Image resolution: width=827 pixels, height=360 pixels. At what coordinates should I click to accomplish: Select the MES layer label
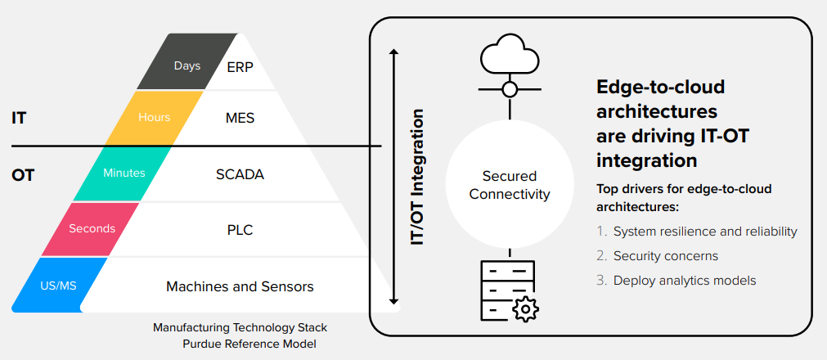pyautogui.click(x=240, y=118)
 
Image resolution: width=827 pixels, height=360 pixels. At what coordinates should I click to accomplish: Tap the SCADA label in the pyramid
pyautogui.click(x=240, y=174)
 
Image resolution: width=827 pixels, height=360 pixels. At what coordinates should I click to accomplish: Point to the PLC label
pyautogui.click(x=240, y=230)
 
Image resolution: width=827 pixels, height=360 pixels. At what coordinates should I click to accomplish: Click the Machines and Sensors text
pyautogui.click(x=240, y=286)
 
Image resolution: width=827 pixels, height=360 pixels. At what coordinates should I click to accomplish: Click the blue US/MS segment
pyautogui.click(x=60, y=286)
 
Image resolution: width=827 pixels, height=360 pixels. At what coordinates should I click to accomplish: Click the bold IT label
pyautogui.click(x=19, y=118)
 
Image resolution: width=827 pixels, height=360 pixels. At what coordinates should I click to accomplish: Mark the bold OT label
pyautogui.click(x=23, y=175)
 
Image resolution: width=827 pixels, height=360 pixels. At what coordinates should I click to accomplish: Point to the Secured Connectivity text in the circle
pyautogui.click(x=510, y=185)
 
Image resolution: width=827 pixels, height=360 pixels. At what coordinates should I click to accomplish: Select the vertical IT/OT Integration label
pyautogui.click(x=418, y=177)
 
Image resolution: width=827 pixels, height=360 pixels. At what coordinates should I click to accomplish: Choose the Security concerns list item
pyautogui.click(x=665, y=256)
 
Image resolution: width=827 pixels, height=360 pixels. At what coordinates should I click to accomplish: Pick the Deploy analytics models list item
pyautogui.click(x=684, y=281)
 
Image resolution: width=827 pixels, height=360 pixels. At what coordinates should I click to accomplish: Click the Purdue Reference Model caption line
pyautogui.click(x=249, y=344)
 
